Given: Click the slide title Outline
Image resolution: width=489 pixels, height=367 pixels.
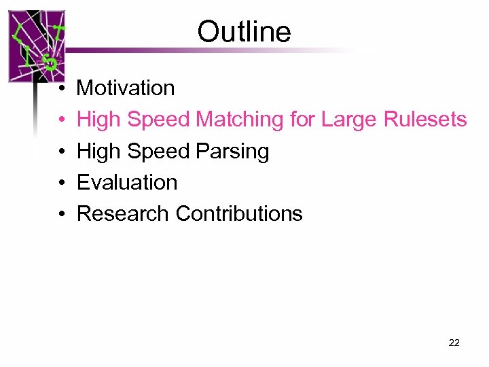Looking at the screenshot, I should pos(244,32).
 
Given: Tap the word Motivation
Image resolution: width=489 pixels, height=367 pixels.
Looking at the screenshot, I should pos(126,88).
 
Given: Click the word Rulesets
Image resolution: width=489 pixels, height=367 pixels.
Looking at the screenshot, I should pos(425,120).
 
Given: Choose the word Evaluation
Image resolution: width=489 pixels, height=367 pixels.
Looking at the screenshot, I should pos(127,182).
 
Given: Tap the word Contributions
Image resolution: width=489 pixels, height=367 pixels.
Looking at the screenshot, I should pos(239,213).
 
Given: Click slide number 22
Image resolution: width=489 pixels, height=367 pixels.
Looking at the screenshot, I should pos(454,343).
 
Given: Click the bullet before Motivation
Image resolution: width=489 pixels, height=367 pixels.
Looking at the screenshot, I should pos(61,89).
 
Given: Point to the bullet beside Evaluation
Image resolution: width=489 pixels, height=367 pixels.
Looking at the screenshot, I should pos(61,183).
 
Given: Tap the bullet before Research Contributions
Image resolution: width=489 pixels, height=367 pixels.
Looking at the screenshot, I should pos(61,215).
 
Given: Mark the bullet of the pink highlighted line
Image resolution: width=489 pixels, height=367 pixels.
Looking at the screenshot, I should pos(61,120).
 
